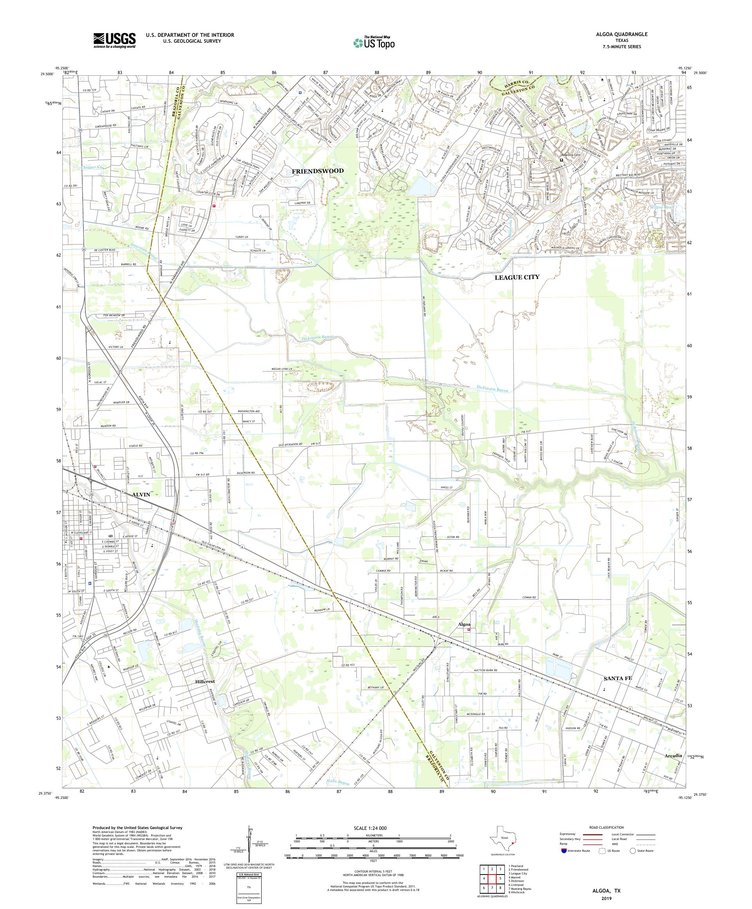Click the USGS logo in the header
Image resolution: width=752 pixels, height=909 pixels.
click(114, 40)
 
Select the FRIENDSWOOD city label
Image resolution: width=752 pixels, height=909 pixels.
click(318, 171)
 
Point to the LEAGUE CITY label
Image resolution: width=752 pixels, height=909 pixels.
click(517, 277)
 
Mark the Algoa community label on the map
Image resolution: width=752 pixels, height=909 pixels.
click(464, 625)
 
